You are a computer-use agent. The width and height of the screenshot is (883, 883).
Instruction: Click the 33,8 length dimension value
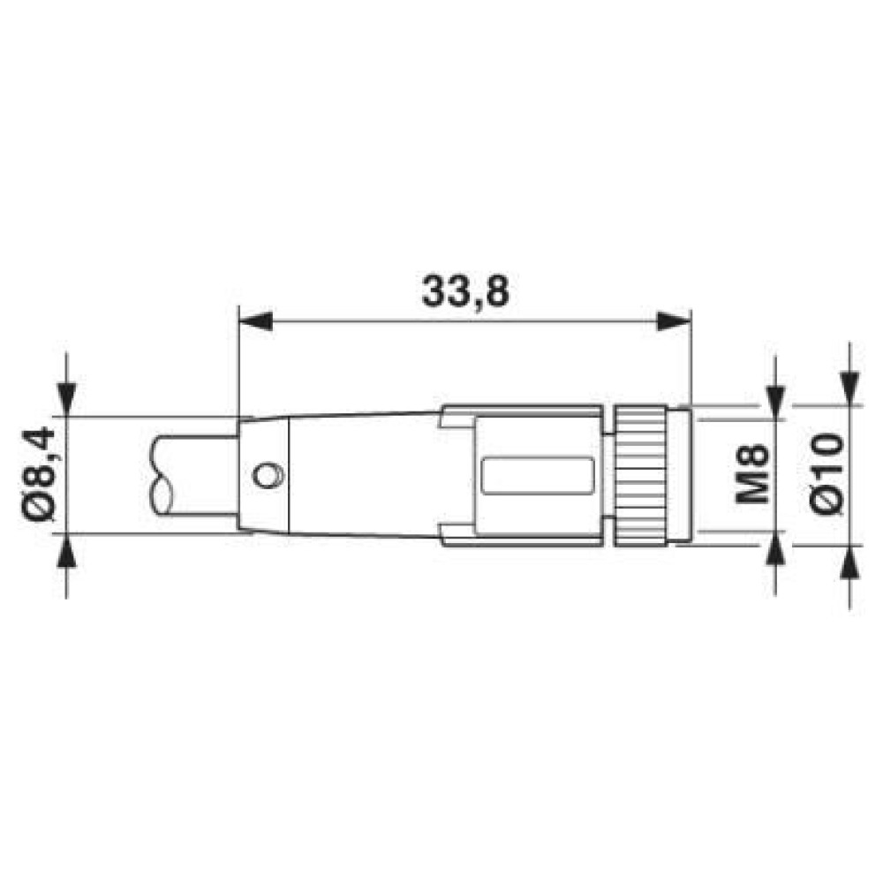(x=464, y=291)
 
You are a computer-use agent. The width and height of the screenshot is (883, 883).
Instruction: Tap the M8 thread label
(x=751, y=474)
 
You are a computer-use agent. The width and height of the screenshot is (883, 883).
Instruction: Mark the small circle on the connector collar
(x=265, y=475)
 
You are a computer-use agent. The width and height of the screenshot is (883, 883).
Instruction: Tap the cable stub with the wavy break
(x=190, y=475)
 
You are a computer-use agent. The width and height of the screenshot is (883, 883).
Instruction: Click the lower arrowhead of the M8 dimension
(x=775, y=558)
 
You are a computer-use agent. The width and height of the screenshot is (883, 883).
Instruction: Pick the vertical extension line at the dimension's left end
(x=239, y=362)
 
